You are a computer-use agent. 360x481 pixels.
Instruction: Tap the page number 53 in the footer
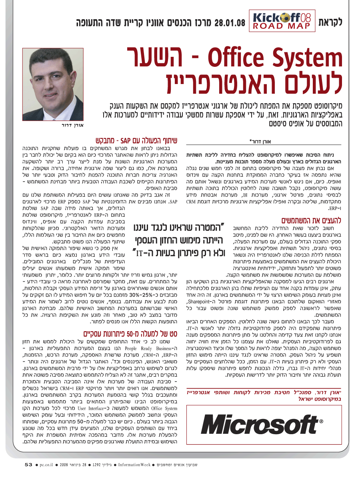point(28,465)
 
